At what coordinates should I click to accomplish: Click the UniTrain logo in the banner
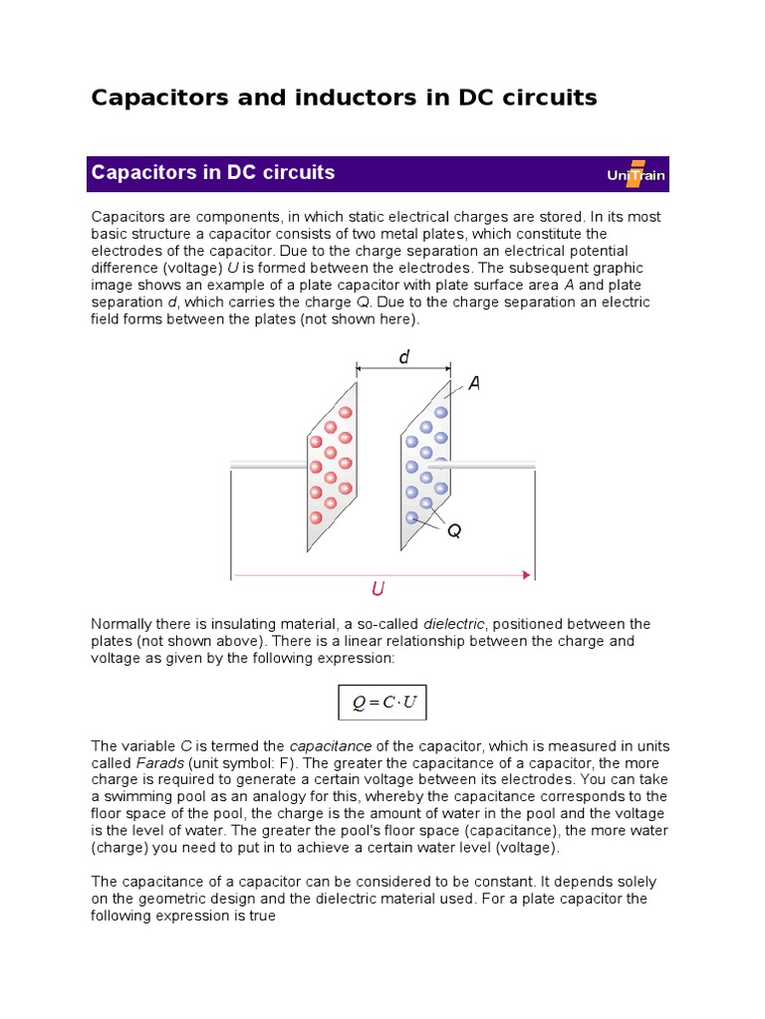click(636, 174)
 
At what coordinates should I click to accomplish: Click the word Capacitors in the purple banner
click(136, 173)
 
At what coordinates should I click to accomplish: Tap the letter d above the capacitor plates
click(404, 357)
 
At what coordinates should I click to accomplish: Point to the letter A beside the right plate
click(474, 384)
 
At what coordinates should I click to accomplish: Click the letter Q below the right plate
click(454, 531)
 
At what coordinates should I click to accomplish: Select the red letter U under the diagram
click(378, 590)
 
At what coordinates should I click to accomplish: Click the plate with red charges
click(332, 466)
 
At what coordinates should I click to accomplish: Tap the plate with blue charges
click(424, 466)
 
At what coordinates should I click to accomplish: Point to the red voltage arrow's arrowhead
click(525, 574)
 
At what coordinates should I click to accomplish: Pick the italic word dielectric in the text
click(454, 624)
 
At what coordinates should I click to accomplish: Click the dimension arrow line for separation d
click(404, 369)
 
